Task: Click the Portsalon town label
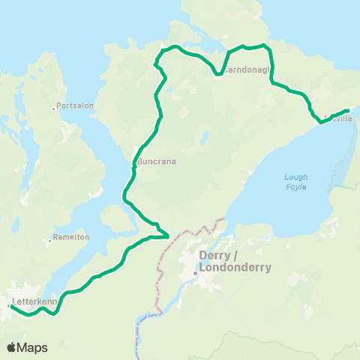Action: tap(75, 106)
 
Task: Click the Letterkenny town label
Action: tap(30, 303)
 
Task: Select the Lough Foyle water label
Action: tap(296, 182)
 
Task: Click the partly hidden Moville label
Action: tap(340, 118)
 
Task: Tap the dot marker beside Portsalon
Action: tap(54, 109)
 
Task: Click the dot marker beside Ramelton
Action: tap(49, 241)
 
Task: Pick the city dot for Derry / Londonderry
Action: tap(195, 272)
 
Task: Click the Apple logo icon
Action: tap(12, 347)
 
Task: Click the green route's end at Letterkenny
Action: tap(10, 306)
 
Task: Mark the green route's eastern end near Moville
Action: tap(347, 110)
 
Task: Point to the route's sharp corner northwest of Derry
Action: tap(167, 237)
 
